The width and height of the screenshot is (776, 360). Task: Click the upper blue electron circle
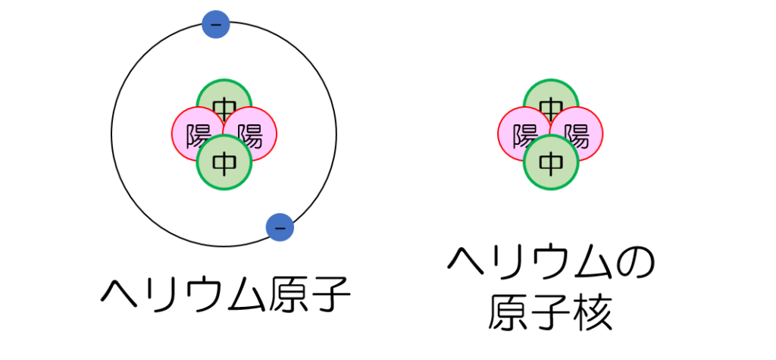coord(216,25)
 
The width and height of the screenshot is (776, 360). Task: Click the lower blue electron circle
coord(280,227)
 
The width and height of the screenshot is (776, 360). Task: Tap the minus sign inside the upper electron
coord(216,25)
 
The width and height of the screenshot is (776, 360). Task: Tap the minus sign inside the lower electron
coord(280,227)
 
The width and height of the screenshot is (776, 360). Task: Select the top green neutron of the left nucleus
coord(224,94)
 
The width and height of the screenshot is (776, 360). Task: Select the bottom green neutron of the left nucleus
coord(224,162)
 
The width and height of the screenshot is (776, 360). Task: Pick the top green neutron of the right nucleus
coord(551,94)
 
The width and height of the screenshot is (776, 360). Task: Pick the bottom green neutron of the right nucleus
coord(551,162)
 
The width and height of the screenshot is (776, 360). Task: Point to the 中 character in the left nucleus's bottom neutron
coord(224,162)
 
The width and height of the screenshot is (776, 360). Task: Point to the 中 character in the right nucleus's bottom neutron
coord(551,162)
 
